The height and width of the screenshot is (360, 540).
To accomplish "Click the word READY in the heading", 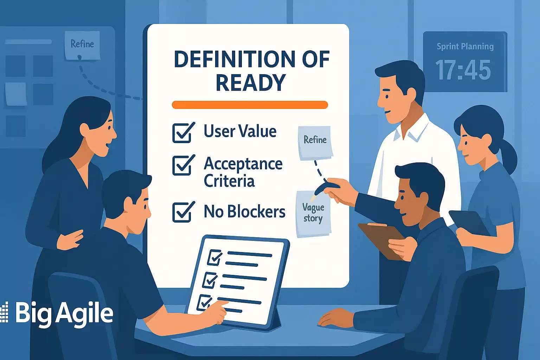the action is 251,82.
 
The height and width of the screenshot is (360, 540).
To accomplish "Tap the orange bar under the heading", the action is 250,105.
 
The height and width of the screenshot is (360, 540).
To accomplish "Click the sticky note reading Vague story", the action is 314,214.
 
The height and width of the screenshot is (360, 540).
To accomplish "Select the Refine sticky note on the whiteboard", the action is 315,143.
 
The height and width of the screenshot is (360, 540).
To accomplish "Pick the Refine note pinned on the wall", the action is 82,45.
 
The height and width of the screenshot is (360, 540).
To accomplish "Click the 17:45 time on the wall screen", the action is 463,70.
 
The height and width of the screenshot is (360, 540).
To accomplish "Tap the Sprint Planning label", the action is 465,46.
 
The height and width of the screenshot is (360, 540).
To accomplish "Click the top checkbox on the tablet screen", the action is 214,257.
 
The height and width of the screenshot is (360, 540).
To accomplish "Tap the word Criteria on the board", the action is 229,181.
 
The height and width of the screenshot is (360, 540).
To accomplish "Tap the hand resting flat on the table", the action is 337,317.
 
